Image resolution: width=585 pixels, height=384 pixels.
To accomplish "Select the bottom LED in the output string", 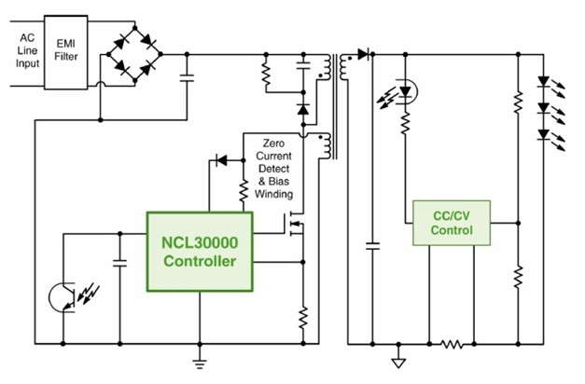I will point(547,136).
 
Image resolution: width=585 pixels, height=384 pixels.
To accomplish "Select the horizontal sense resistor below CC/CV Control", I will point(453,343).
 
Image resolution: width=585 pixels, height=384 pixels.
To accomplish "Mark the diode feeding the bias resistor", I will point(221,160).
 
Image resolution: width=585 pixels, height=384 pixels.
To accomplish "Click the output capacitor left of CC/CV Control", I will point(372,247).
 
